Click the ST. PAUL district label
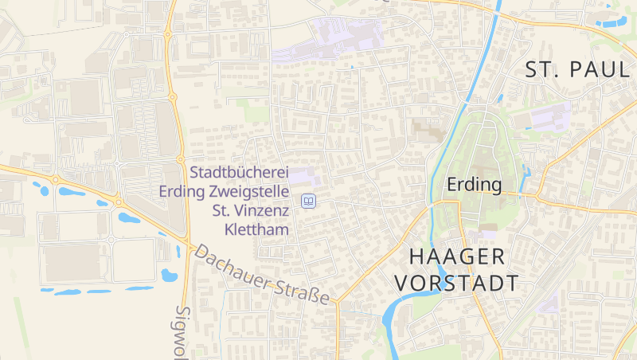pyautogui.click(x=577, y=69)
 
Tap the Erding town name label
pyautogui.click(x=475, y=186)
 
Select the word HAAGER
pyautogui.click(x=457, y=256)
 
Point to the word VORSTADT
pyautogui.click(x=457, y=283)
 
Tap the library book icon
pyautogui.click(x=308, y=202)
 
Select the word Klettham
pyautogui.click(x=256, y=229)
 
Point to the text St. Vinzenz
pyautogui.click(x=250, y=210)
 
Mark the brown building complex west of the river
pyautogui.click(x=428, y=130)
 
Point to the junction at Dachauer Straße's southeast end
pyautogui.click(x=337, y=303)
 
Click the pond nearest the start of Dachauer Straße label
pyautogui.click(x=169, y=276)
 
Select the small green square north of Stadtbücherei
pyautogui.click(x=256, y=113)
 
